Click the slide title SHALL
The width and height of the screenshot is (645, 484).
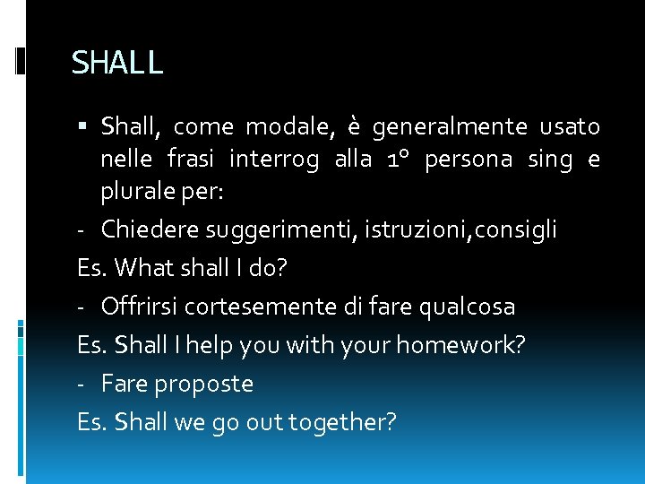(117, 63)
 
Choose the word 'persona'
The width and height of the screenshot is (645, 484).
(469, 160)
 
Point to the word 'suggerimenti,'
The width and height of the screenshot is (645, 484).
(282, 230)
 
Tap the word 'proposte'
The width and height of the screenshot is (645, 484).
(203, 385)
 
